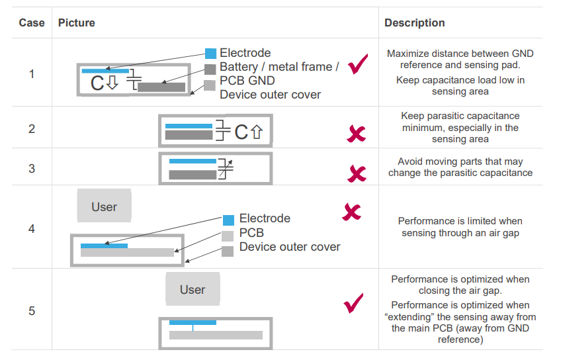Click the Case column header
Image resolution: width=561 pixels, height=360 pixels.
(31, 23)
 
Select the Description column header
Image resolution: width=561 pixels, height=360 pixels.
(414, 23)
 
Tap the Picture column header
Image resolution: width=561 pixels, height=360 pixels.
(77, 23)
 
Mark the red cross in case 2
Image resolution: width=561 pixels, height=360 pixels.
(356, 134)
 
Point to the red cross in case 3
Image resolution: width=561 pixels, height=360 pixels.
(357, 174)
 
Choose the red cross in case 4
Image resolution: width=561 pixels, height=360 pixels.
(351, 212)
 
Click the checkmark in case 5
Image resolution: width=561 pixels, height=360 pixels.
(354, 303)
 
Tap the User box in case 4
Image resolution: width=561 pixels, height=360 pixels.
(104, 206)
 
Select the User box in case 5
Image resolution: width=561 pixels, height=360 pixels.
(193, 289)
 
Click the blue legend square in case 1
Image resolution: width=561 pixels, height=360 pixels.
(210, 54)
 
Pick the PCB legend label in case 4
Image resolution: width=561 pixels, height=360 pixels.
(251, 233)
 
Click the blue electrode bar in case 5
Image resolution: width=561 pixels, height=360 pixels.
(193, 322)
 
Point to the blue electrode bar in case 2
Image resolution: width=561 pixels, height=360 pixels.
(188, 126)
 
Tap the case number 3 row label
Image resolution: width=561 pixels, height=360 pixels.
(31, 168)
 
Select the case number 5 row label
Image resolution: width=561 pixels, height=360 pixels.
(31, 311)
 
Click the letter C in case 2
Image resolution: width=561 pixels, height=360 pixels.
(241, 132)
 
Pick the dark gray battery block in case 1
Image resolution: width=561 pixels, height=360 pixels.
(161, 87)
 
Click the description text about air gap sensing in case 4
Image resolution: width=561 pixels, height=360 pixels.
(460, 227)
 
